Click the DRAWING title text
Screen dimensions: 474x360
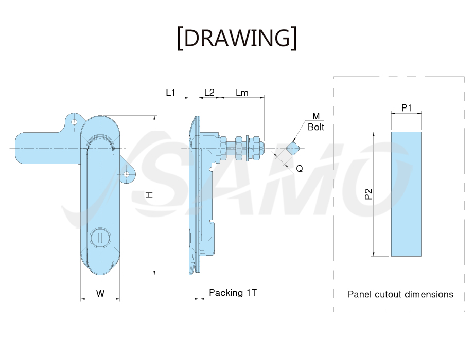click(x=237, y=38)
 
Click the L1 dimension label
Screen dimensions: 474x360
click(x=170, y=93)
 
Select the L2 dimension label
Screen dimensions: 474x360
click(x=209, y=93)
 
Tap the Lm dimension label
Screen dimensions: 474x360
click(x=242, y=93)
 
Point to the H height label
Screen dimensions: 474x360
click(x=149, y=195)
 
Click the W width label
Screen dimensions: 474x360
click(x=100, y=293)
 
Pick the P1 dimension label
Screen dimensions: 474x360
click(x=406, y=108)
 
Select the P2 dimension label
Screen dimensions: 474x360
click(x=368, y=194)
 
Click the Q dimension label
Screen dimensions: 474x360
click(x=299, y=168)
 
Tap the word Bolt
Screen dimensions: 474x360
click(x=316, y=127)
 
